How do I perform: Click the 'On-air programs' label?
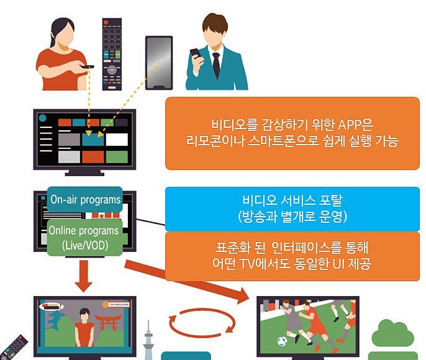point(85,199)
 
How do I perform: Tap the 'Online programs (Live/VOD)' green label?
point(84,238)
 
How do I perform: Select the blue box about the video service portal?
point(292,209)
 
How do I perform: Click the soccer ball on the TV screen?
point(283,341)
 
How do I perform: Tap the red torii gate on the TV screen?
point(110,322)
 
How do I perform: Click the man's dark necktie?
point(216,65)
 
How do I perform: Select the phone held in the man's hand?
point(196,53)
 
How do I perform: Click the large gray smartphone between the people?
point(159,63)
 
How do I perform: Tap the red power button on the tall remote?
point(106,22)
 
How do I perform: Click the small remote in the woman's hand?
point(87,66)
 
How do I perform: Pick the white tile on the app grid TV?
point(117,140)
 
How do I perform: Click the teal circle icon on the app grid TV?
point(43,118)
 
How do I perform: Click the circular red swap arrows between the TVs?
point(201,322)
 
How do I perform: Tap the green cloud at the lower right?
point(392,333)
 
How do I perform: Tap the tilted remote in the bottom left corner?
point(14,348)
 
